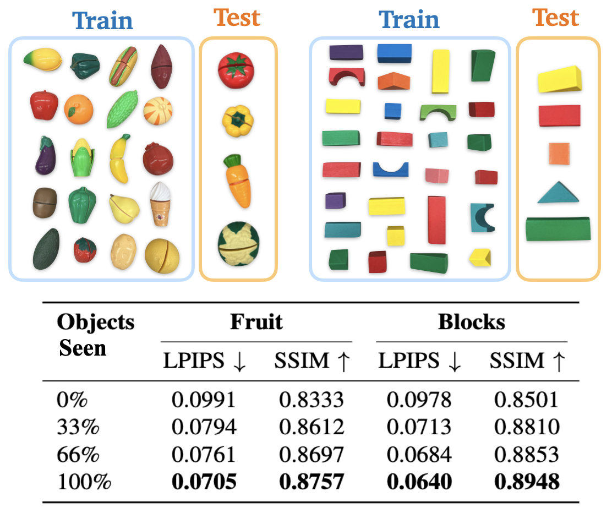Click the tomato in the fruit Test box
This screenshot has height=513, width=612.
(237, 72)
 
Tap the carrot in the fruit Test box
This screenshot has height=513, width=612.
(238, 181)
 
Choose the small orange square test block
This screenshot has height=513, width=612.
(559, 154)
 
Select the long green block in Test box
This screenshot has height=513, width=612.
(558, 229)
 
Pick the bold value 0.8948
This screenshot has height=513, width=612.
(527, 482)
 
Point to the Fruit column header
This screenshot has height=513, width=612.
(256, 321)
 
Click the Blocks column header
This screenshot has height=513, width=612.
(471, 322)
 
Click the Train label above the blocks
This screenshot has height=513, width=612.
(409, 20)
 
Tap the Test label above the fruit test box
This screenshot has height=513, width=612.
(238, 18)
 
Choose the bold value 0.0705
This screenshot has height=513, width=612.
(203, 482)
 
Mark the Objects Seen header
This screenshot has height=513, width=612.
(95, 335)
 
